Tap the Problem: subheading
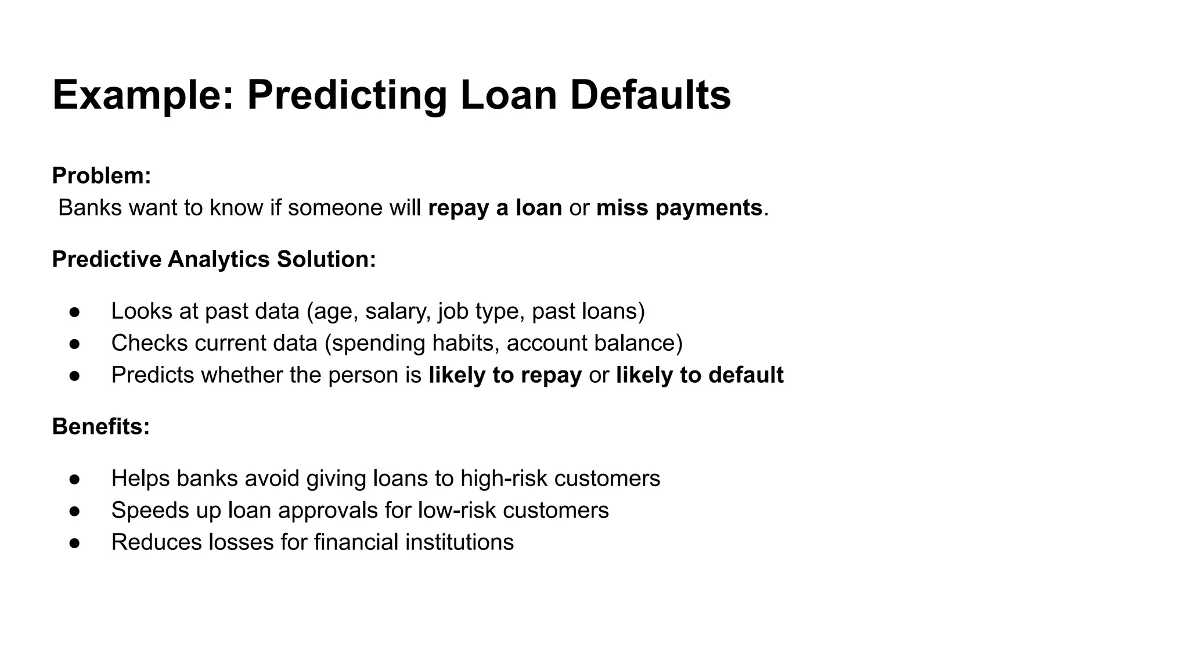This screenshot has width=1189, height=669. (x=102, y=175)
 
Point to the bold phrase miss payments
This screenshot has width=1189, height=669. (x=679, y=208)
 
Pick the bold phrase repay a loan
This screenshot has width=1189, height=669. (x=495, y=208)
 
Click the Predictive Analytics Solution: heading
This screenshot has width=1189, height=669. (x=214, y=259)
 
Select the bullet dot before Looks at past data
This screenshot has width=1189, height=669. (x=74, y=312)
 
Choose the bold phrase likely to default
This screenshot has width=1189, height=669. (x=700, y=375)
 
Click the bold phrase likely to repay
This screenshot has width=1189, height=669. (x=505, y=375)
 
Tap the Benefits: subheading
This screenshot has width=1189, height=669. (x=101, y=426)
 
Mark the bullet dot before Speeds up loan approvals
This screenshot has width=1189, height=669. (x=74, y=511)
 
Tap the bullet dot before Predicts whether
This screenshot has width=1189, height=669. (x=74, y=376)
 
